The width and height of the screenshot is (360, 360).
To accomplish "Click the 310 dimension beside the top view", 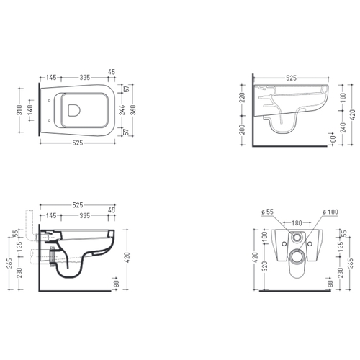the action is coord(19,109).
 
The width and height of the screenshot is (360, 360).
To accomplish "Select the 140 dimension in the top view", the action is coord(30,109).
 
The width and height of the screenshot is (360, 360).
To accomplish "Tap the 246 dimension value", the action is coord(122,110).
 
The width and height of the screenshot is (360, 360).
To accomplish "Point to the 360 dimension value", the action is coord(133,110).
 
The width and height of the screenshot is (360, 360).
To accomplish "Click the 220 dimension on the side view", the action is coord(243,97).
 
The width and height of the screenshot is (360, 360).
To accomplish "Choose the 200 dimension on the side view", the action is coord(243,130).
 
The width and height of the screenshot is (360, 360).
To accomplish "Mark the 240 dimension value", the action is coord(343,127).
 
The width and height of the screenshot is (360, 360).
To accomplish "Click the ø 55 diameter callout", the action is coord(268,212).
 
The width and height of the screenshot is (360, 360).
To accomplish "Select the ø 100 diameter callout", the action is coord(330,212).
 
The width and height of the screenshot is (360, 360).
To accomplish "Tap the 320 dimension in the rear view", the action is coord(264,266).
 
